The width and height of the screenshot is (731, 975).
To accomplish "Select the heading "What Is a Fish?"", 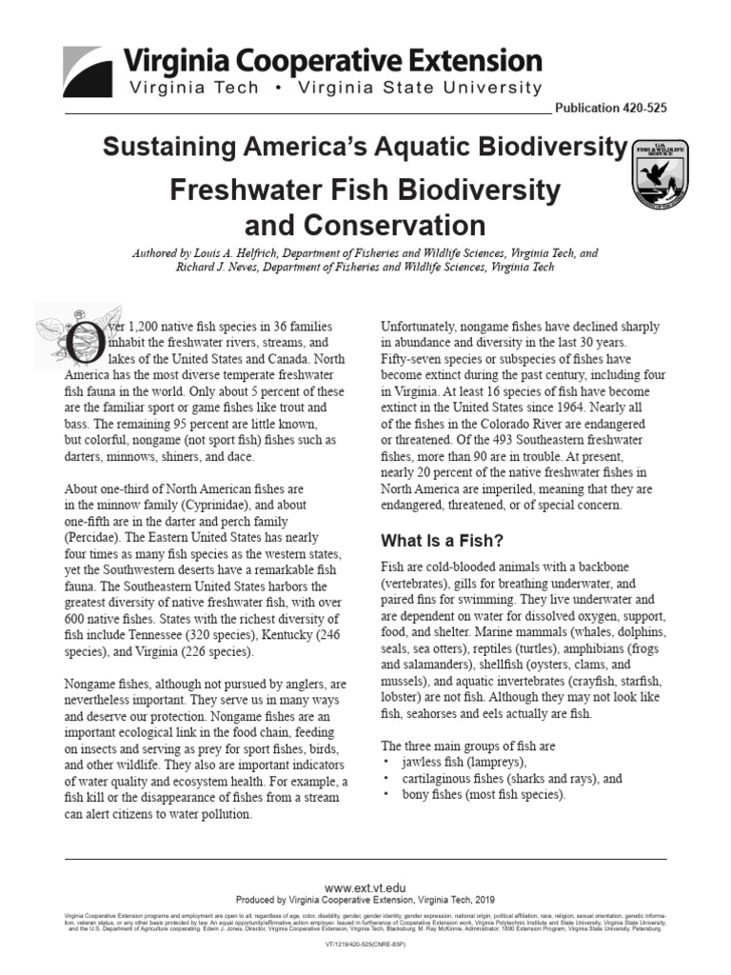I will click(442, 541).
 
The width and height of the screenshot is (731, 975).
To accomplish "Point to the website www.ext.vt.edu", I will click(365, 886).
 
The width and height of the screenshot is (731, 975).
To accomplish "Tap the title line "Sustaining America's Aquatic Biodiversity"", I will click(365, 148).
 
